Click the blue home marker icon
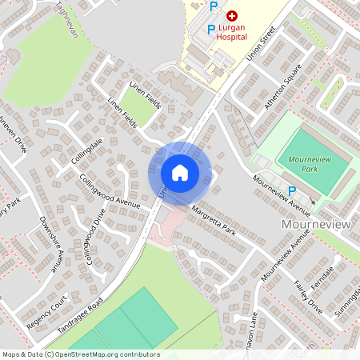coord(180,172)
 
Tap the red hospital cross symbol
coord(232,15)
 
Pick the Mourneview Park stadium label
coord(314,165)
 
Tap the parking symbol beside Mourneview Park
coord(292,191)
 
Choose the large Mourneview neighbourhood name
coord(316,225)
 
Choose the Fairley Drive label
coord(307,297)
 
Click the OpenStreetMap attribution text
coord(81,354)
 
